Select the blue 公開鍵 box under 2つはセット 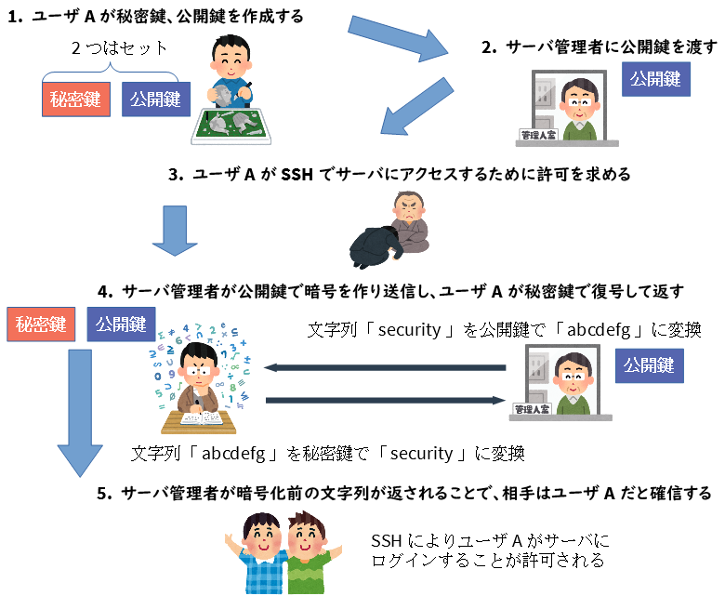click(x=155, y=99)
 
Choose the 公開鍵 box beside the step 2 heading click(x=656, y=78)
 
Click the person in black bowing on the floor click(x=376, y=246)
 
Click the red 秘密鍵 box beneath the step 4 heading click(x=38, y=324)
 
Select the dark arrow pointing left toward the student click(x=385, y=368)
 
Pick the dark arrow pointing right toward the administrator click(x=385, y=400)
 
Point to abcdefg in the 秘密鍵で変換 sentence click(x=233, y=454)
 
